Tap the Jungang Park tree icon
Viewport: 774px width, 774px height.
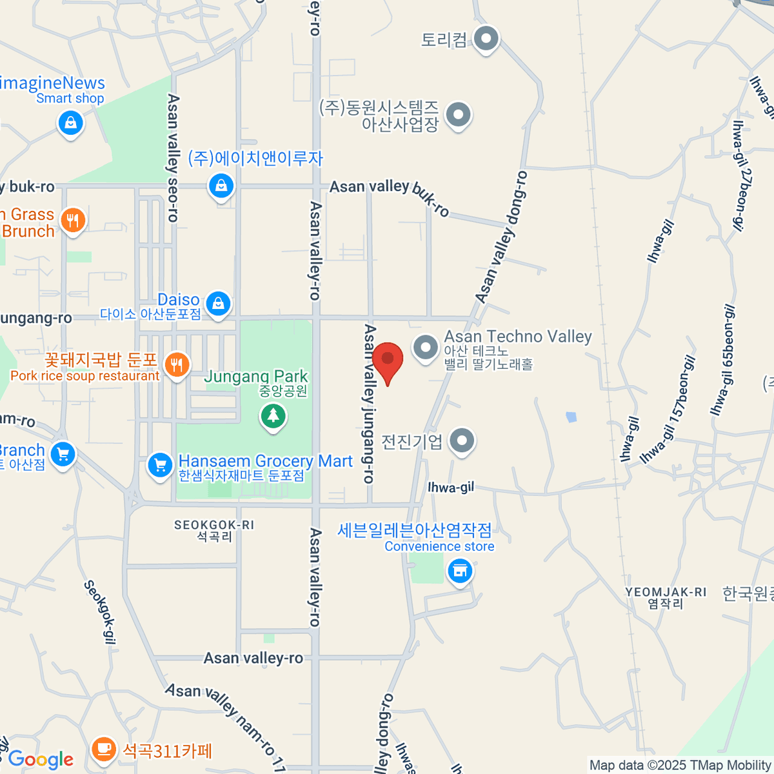pos(273,415)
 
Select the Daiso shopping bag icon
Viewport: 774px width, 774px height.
pos(218,303)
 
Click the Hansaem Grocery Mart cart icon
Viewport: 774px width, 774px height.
pos(159,464)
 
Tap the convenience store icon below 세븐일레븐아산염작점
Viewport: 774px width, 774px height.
pos(460,571)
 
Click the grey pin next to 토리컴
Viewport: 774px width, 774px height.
pos(486,39)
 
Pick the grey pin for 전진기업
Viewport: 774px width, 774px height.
pos(461,441)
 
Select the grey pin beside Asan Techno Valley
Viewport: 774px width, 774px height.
pos(425,348)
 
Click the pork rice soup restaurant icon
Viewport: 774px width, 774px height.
pos(177,364)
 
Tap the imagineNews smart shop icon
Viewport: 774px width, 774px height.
pos(70,122)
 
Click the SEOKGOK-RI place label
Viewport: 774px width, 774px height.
pos(214,530)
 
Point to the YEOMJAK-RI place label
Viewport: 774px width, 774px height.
pos(666,597)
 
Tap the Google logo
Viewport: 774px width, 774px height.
pos(41,760)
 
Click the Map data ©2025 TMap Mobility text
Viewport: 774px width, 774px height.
pos(680,766)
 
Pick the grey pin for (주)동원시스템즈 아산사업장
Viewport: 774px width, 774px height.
pos(459,115)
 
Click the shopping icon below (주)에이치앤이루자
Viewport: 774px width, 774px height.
pos(221,186)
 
